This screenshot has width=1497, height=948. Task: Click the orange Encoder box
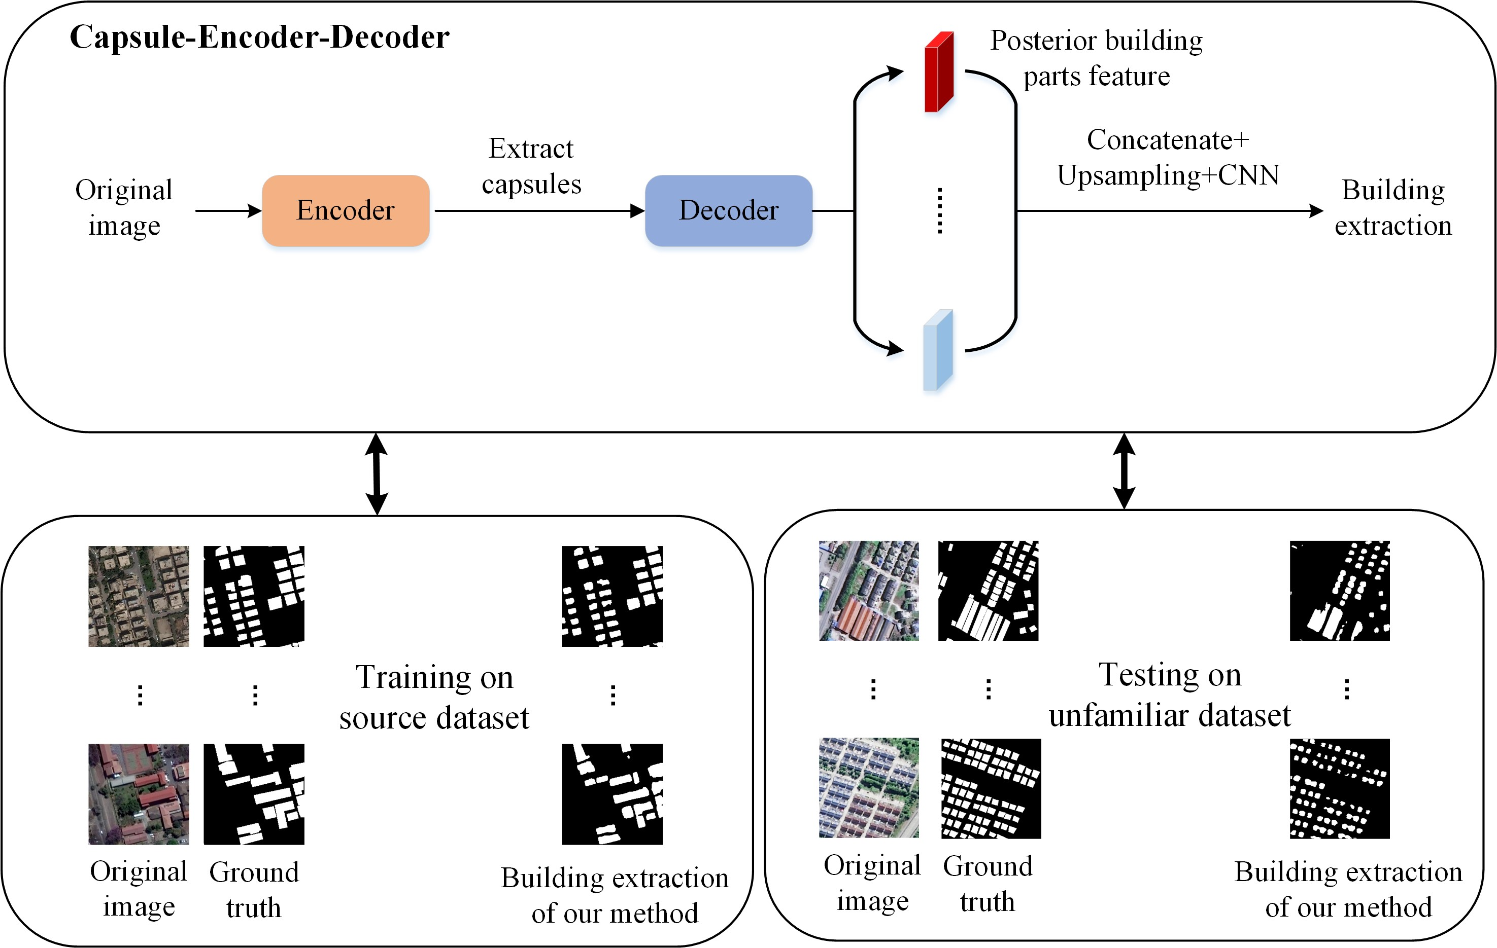tap(346, 210)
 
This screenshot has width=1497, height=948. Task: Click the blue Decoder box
tap(728, 210)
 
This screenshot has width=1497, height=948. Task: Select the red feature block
tap(939, 72)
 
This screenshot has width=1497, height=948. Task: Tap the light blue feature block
tap(937, 350)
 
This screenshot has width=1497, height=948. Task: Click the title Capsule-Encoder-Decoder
tap(259, 38)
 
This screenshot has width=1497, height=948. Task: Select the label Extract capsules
tap(531, 166)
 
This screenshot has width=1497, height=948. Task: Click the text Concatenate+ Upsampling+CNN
tap(1168, 158)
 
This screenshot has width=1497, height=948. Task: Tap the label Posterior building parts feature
tap(1096, 58)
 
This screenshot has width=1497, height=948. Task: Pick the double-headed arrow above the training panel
tap(377, 473)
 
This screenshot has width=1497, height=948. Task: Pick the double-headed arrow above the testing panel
tap(1124, 471)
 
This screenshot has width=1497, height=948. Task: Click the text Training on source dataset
tap(434, 697)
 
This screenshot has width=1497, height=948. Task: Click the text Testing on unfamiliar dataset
tap(1169, 695)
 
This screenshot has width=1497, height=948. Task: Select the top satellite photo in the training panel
tap(139, 596)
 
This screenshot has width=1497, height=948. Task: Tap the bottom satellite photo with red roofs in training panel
tap(139, 794)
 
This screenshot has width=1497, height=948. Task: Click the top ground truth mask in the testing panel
tap(988, 591)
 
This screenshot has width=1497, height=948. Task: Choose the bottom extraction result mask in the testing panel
tap(1339, 788)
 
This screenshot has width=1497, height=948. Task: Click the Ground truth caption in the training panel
tap(254, 890)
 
